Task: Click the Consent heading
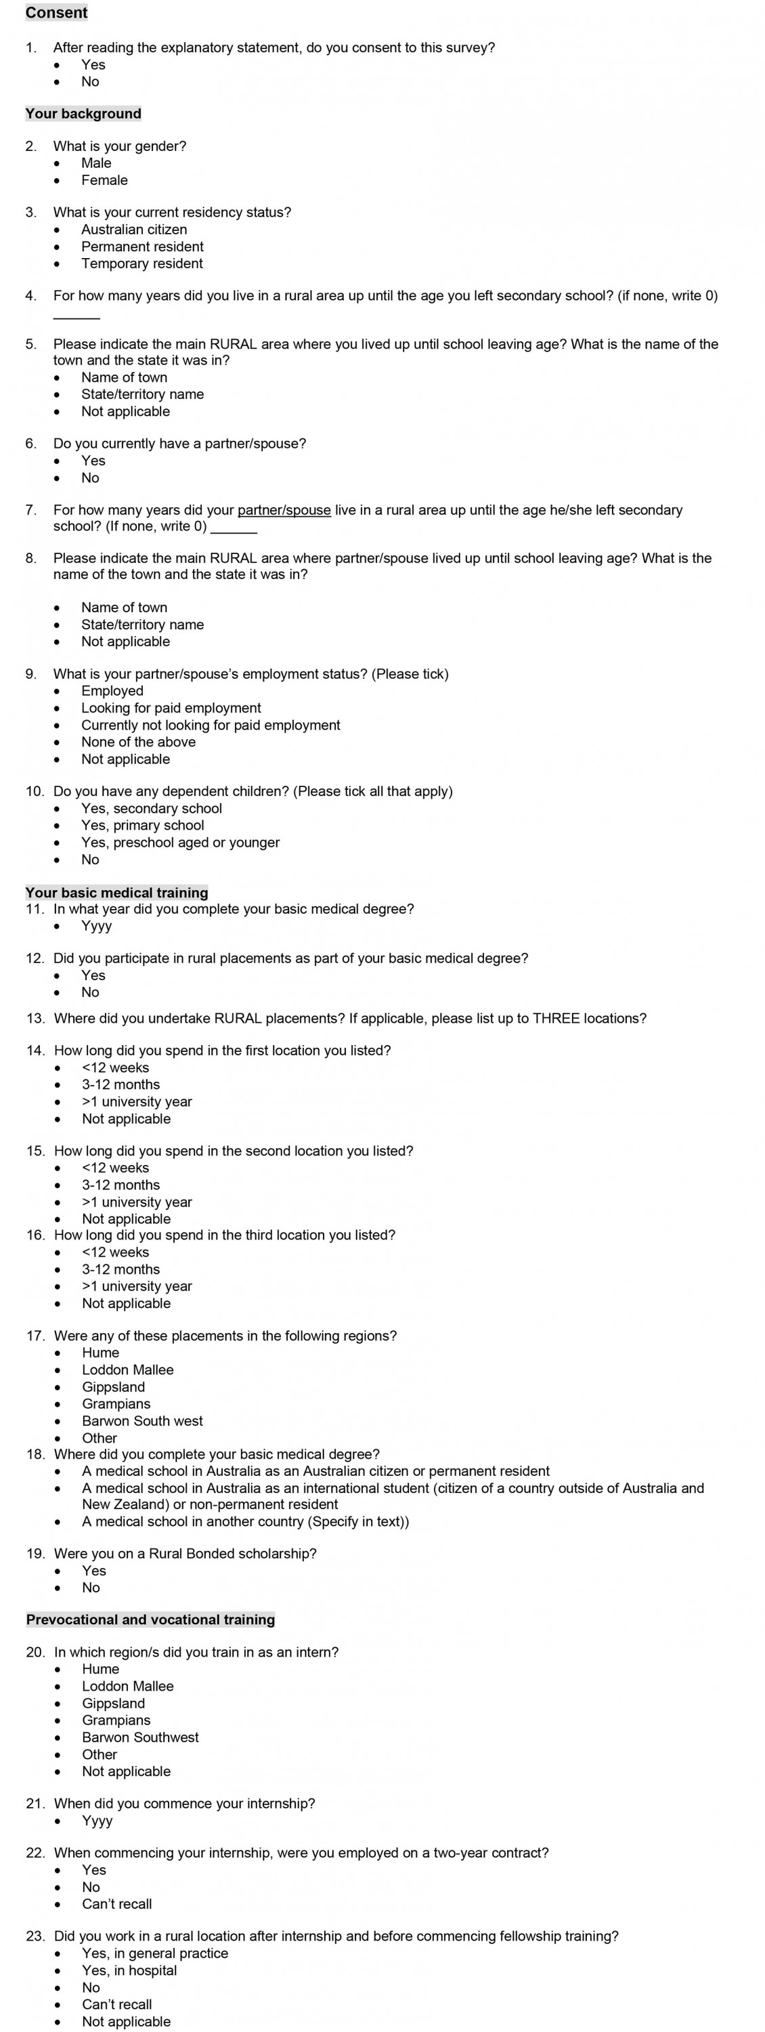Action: (x=56, y=13)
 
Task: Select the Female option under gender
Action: (x=104, y=180)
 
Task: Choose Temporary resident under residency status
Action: (x=142, y=263)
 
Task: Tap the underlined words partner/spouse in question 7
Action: (x=284, y=510)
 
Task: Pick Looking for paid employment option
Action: (x=171, y=708)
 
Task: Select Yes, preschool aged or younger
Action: (x=181, y=843)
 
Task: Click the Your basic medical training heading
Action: (x=116, y=892)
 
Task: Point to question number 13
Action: (x=35, y=1018)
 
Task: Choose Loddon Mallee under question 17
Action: (x=128, y=1370)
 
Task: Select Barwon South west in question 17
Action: (x=142, y=1420)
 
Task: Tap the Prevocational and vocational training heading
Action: (x=151, y=1620)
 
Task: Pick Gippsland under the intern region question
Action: (x=114, y=1703)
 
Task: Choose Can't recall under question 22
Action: (x=116, y=1903)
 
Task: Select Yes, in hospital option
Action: (x=129, y=1970)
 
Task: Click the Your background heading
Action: (x=83, y=114)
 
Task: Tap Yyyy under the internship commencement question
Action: (x=97, y=1821)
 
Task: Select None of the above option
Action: (x=138, y=742)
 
